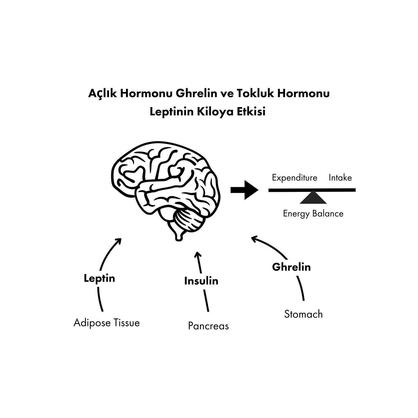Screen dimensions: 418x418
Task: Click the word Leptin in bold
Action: pos(99,278)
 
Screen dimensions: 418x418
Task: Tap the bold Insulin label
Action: pos(201,281)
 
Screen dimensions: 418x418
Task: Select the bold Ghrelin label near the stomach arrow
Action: pos(291,267)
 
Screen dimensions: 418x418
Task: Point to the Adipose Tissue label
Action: pos(107,323)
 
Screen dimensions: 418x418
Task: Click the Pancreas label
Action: pos(208,326)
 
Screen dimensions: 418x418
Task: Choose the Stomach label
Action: pos(303,314)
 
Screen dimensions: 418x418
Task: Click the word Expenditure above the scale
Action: pos(294,178)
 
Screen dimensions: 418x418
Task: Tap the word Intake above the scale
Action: pos(340,178)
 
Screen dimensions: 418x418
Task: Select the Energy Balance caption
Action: pos(313,214)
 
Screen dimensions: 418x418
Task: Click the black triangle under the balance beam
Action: pos(313,198)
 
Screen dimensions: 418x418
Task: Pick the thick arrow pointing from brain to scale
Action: pos(244,190)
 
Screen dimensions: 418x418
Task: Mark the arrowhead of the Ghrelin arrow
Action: pos(254,239)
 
